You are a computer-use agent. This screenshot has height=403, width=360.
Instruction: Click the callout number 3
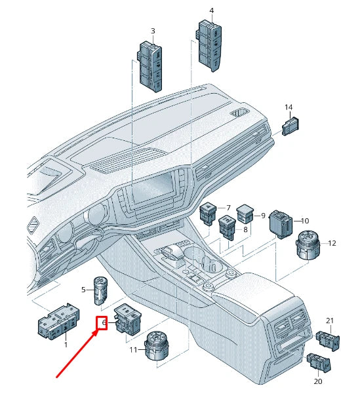pyautogui.click(x=153, y=31)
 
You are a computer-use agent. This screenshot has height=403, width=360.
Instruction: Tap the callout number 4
pyautogui.click(x=211, y=10)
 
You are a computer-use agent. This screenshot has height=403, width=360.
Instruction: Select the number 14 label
pyautogui.click(x=289, y=107)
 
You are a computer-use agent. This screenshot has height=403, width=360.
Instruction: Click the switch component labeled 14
pyautogui.click(x=291, y=126)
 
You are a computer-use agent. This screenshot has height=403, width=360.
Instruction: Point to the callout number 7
pyautogui.click(x=228, y=208)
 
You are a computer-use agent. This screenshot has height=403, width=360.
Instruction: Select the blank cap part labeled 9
pyautogui.click(x=245, y=214)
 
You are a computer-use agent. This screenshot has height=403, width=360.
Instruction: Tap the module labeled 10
pyautogui.click(x=281, y=224)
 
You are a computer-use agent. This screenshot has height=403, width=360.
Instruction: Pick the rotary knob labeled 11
pyautogui.click(x=157, y=346)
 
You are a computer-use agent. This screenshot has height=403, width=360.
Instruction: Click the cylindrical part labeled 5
pyautogui.click(x=100, y=291)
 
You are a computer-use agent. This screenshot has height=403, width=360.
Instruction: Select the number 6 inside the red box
pyautogui.click(x=104, y=322)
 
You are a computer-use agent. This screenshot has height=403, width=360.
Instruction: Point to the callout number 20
pyautogui.click(x=318, y=381)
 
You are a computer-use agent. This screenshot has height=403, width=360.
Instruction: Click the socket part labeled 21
pyautogui.click(x=328, y=341)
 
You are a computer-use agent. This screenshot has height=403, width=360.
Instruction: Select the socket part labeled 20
pyautogui.click(x=319, y=362)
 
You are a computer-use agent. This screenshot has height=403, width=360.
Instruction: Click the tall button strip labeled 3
pyautogui.click(x=150, y=67)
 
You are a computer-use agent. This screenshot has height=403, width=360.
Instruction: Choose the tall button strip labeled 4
pyautogui.click(x=209, y=47)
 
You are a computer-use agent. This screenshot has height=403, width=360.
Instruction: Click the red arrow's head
pyautogui.click(x=96, y=334)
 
